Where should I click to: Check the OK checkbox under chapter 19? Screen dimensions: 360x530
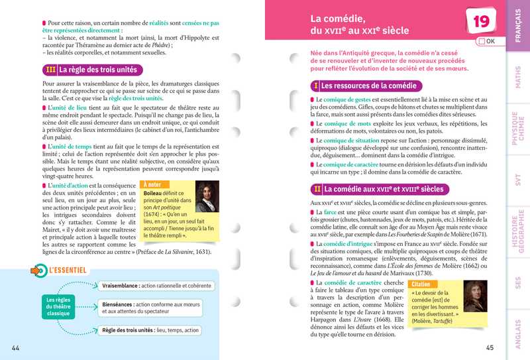[480, 42]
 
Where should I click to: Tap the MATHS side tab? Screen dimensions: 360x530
[518, 78]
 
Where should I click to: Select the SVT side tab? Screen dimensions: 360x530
[518, 178]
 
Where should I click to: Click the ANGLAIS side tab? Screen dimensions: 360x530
[518, 331]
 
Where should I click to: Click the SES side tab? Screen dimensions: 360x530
[518, 282]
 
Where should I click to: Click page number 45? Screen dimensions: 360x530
[490, 348]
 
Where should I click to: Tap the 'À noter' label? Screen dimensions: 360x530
[152, 184]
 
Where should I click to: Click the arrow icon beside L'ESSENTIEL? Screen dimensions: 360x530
[38, 270]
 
